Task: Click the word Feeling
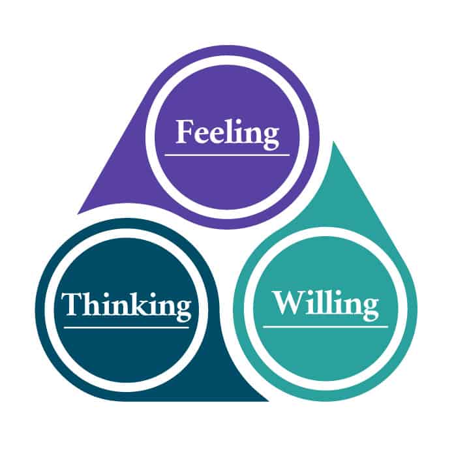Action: click(227, 133)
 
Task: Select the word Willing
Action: click(325, 304)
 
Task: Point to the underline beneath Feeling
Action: click(227, 155)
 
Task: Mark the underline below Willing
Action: click(325, 326)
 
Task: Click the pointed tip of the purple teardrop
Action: click(80, 211)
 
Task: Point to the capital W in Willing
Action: click(286, 303)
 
